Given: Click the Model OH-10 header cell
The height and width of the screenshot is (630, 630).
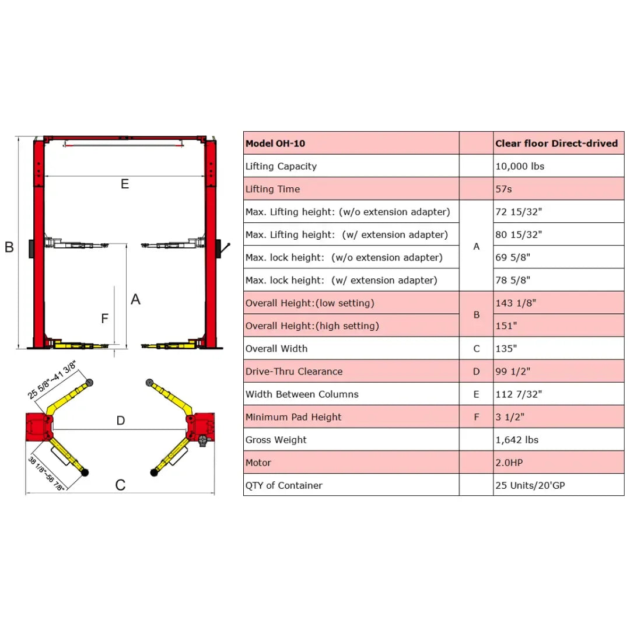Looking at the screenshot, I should click(275, 143).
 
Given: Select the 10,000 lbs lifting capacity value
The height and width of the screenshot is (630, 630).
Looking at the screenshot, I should click(520, 166).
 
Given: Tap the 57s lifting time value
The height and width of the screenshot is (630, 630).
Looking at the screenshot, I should click(505, 189).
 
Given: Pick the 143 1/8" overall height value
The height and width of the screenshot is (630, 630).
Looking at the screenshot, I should click(516, 303).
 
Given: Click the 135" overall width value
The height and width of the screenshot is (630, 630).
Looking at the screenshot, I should click(506, 348).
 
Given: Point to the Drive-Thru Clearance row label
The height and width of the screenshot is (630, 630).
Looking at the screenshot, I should click(294, 371).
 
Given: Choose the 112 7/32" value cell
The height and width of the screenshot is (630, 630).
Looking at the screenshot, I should click(519, 394).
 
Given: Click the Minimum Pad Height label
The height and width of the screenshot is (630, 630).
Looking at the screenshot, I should click(293, 417).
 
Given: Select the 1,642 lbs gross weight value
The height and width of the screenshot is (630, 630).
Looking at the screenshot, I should click(517, 440).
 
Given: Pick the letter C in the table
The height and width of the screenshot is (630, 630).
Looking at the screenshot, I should click(476, 349).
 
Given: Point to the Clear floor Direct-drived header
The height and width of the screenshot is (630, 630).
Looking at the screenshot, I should click(556, 143).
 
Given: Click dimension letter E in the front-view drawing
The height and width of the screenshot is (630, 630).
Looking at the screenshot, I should click(125, 184).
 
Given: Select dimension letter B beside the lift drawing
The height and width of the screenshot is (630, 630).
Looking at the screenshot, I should click(9, 247).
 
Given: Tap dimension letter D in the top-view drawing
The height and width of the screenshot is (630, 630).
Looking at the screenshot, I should click(121, 421).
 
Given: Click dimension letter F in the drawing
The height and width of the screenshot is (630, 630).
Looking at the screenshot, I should click(105, 318).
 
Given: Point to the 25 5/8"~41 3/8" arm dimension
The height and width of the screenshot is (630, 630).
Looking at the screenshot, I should click(52, 380).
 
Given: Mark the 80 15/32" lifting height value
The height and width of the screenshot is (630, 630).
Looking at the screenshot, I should click(519, 235).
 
